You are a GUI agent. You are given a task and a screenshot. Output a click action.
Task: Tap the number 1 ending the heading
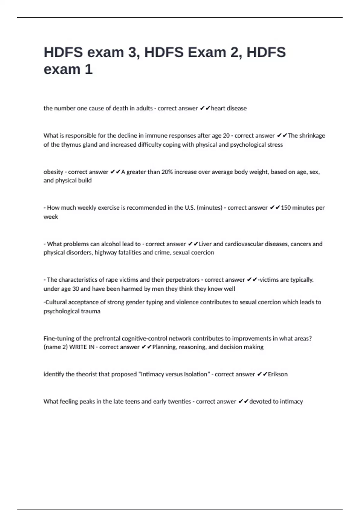[x=89, y=69]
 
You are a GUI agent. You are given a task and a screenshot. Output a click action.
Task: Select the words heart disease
[x=229, y=108]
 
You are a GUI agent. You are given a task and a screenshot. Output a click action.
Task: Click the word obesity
[x=53, y=172]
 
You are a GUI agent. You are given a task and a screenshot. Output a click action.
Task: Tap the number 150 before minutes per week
[x=286, y=208]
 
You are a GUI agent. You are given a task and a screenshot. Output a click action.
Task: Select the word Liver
[x=205, y=244]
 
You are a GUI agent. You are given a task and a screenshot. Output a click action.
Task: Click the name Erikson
[x=277, y=374]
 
